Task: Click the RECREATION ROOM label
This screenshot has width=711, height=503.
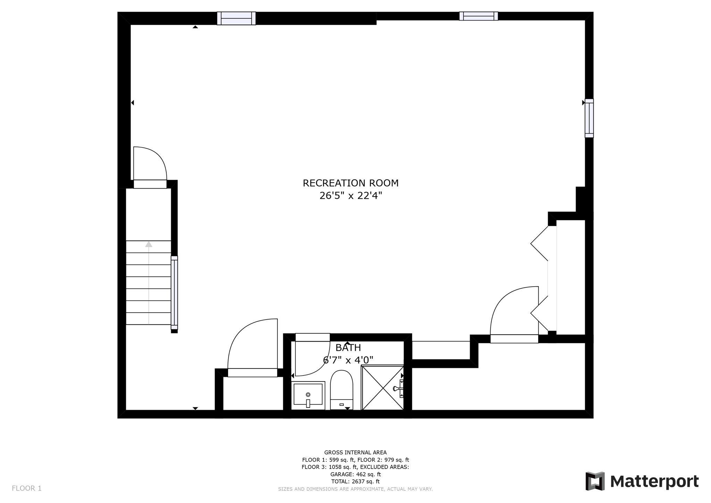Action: click(x=350, y=183)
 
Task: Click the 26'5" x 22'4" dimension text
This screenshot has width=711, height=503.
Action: click(x=350, y=196)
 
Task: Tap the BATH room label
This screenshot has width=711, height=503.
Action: click(x=348, y=348)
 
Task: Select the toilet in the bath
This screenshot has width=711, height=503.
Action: click(x=341, y=389)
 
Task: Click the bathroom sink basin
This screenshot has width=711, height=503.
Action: click(x=308, y=395)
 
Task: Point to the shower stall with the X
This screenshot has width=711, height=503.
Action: click(x=382, y=387)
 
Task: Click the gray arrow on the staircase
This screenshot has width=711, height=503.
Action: click(x=149, y=244)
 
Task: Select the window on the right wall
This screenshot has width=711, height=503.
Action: click(x=589, y=118)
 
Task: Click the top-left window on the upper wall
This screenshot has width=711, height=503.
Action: click(x=236, y=18)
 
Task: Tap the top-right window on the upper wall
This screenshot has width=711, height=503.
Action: click(x=478, y=16)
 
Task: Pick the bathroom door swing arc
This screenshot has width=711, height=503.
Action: click(x=312, y=360)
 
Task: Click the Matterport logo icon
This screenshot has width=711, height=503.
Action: click(x=595, y=481)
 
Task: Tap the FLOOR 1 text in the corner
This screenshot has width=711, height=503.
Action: click(x=27, y=488)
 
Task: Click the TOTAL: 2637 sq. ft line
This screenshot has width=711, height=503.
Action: click(x=355, y=481)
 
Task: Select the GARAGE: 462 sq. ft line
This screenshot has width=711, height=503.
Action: click(x=355, y=474)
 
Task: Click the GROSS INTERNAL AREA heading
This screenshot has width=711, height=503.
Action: click(x=355, y=452)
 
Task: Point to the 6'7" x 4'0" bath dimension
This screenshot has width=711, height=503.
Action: click(x=348, y=360)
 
